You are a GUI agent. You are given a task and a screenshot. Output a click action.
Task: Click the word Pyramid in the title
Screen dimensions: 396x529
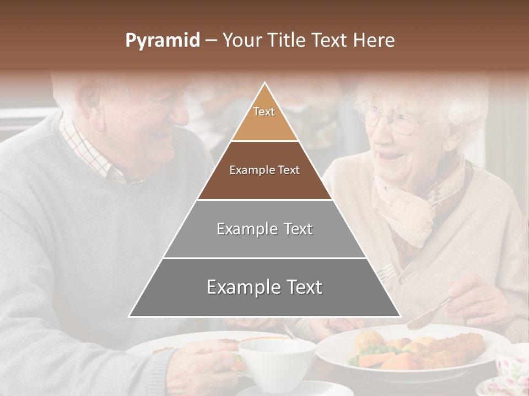click(162, 41)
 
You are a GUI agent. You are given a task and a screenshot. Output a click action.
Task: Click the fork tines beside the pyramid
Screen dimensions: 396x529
click(387, 271)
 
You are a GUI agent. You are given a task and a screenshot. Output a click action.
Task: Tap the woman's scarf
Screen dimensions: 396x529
click(413, 204)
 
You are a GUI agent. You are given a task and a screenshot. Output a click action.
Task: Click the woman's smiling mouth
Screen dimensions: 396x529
click(392, 156)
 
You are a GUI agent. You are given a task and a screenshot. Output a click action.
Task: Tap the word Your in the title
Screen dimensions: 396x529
click(241, 41)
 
